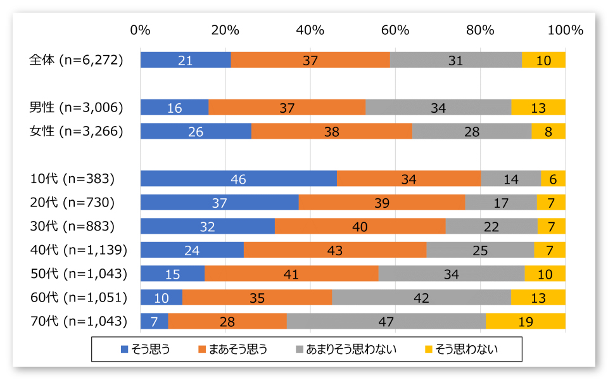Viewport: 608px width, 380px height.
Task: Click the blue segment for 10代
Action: coord(238,179)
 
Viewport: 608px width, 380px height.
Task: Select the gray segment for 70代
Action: coord(386,321)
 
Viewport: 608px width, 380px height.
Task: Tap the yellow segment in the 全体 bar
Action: coord(543,60)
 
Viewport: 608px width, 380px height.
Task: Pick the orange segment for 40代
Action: coord(335,250)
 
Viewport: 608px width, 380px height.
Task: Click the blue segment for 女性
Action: coord(196,131)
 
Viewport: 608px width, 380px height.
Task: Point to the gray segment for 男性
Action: coord(438,108)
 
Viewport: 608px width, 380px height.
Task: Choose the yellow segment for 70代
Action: coord(526,321)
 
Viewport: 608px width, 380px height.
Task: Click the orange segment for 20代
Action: coord(382,203)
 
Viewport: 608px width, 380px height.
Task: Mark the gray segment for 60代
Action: coord(421,298)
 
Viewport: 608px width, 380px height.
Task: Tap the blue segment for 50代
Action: coord(172,274)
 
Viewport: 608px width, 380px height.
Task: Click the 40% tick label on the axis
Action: coord(310,30)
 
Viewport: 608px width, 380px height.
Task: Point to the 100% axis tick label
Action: coord(564,30)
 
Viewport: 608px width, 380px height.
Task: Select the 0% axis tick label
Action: coord(140,30)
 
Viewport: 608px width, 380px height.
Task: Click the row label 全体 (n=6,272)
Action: coord(76,60)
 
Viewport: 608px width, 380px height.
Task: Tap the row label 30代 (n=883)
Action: coord(72,226)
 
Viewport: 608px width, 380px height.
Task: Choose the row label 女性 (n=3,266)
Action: coord(76,131)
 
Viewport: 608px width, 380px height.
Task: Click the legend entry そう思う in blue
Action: coord(145,348)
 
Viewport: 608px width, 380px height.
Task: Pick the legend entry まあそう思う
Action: coord(233,348)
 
